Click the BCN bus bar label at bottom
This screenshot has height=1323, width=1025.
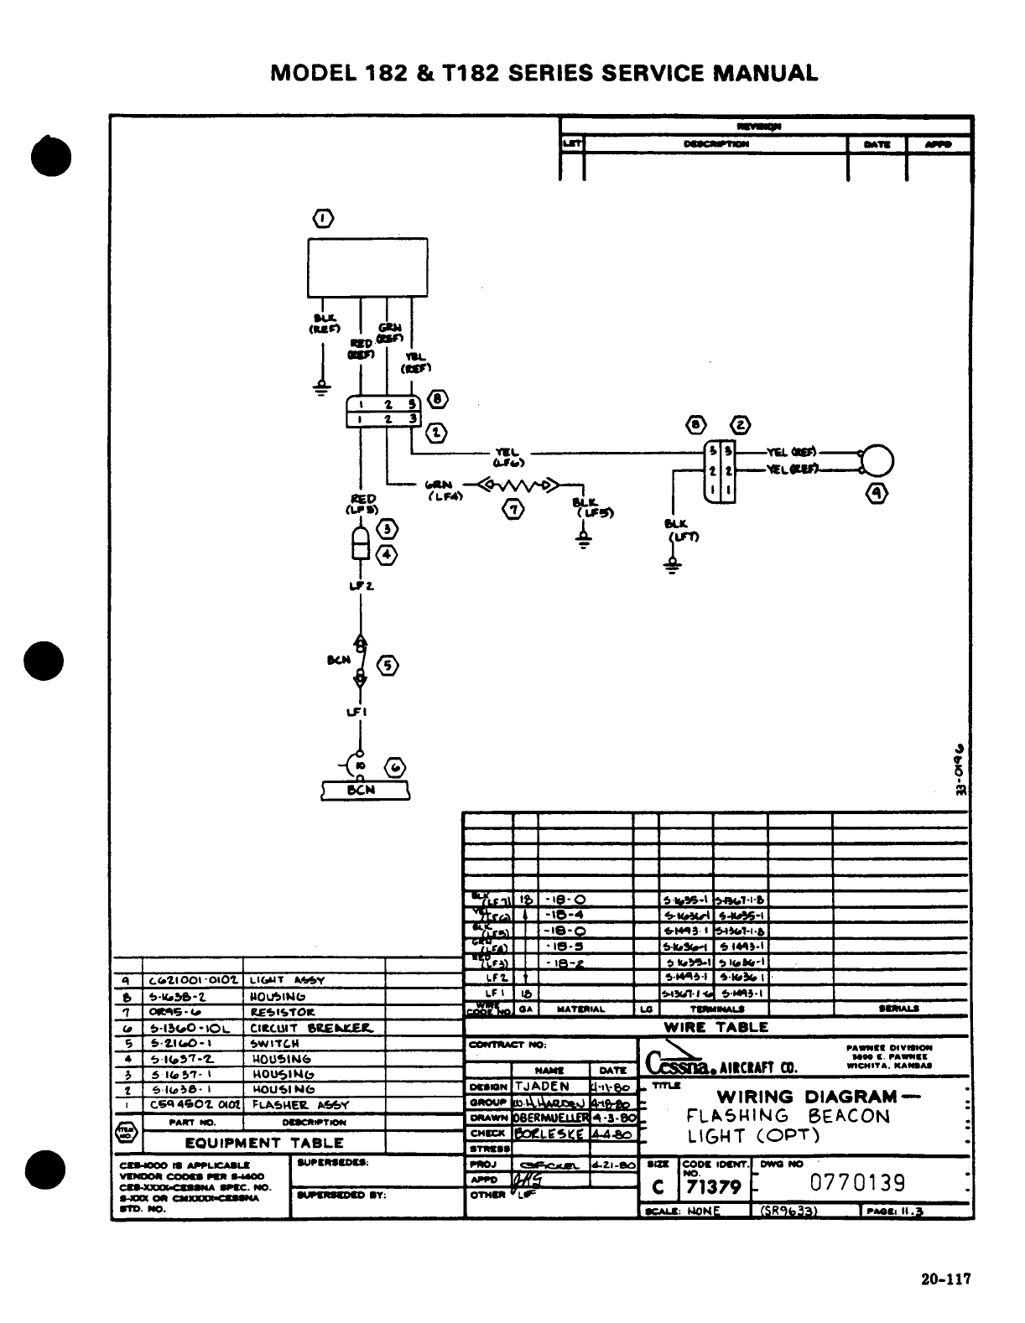366,790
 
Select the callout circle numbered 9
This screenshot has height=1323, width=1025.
877,495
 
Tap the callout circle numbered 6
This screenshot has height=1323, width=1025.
393,767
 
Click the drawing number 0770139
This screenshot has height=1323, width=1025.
858,1183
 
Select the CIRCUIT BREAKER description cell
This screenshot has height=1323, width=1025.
310,1029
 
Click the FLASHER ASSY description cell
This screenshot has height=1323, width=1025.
299,1105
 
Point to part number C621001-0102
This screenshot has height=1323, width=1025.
194,979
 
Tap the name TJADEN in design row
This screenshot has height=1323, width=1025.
542,1087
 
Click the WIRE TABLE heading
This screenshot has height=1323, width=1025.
715,1027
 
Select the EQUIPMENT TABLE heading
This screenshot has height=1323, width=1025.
264,1142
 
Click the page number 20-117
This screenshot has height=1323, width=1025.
945,1279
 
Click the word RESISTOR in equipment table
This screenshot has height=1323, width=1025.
282,1013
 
